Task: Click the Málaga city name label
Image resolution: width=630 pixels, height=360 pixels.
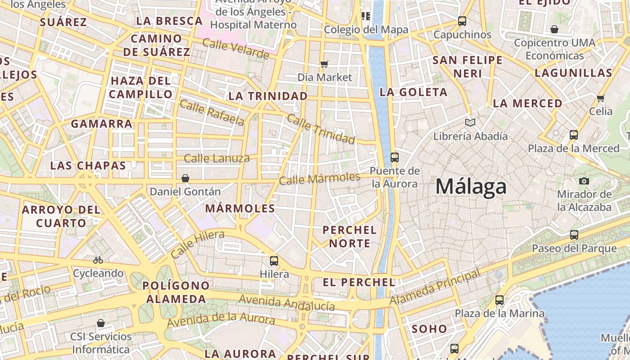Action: (471, 186)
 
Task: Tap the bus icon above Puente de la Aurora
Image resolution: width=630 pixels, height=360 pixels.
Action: (395, 157)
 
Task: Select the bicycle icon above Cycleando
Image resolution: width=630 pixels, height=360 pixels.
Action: (98, 260)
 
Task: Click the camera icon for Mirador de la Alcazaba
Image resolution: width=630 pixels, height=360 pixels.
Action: (584, 181)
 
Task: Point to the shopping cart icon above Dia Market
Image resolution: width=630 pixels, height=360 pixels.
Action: (324, 64)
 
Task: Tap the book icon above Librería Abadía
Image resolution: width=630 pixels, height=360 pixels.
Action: (470, 122)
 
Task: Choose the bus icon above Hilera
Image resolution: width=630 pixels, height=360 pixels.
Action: (274, 261)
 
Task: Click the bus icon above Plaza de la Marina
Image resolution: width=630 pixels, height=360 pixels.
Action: (499, 300)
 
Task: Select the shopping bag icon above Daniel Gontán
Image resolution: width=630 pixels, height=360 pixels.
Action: (185, 178)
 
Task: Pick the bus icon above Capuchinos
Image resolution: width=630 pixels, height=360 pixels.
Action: (462, 21)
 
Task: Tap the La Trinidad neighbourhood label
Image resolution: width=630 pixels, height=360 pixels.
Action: (268, 96)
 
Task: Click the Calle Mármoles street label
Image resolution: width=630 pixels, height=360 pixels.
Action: (319, 179)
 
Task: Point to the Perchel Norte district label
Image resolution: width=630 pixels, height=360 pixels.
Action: (350, 237)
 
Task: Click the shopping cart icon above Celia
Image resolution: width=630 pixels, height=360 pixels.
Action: (600, 98)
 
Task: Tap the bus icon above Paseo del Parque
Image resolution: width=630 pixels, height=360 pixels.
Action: (574, 234)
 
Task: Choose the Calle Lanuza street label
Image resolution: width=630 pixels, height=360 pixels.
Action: (216, 158)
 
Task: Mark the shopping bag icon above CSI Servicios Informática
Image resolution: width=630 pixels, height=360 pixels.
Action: (101, 323)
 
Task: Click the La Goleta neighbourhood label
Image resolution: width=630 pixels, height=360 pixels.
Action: (414, 92)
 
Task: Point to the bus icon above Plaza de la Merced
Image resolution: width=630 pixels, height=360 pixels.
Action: (574, 135)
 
